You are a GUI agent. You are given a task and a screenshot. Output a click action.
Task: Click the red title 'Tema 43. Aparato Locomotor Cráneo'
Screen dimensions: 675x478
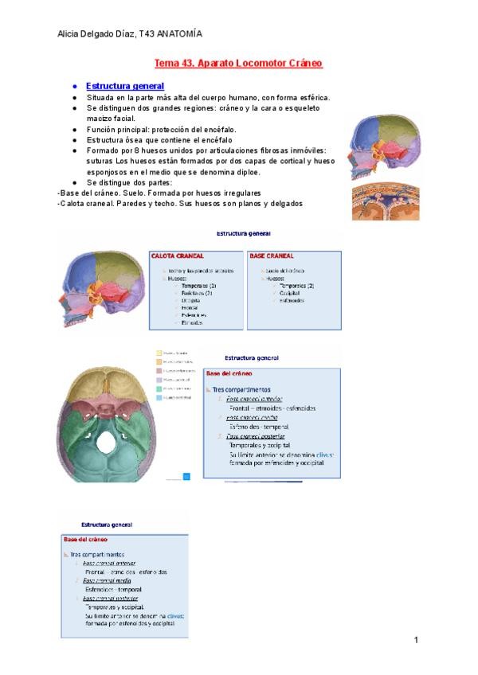click(x=237, y=62)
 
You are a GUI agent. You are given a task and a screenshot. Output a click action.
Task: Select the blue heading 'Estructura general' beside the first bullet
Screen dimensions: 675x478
click(x=125, y=86)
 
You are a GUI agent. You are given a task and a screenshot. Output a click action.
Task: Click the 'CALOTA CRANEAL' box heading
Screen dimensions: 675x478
click(x=177, y=256)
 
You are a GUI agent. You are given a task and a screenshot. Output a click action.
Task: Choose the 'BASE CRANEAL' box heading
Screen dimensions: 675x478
click(x=272, y=256)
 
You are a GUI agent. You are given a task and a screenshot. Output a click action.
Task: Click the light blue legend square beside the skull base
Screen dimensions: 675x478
click(x=159, y=397)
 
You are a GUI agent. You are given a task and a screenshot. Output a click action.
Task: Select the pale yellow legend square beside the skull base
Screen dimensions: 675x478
click(x=159, y=353)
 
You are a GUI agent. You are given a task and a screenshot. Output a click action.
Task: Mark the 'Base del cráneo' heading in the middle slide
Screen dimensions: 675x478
click(x=230, y=373)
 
